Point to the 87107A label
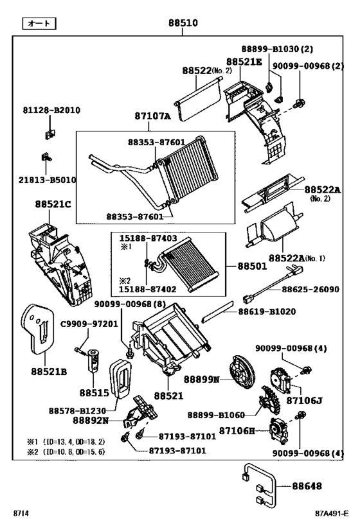pyautogui.click(x=152, y=116)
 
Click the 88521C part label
pyautogui.click(x=53, y=204)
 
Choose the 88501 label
pyautogui.click(x=255, y=265)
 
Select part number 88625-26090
pyautogui.click(x=310, y=290)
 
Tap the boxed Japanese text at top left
pyautogui.click(x=39, y=24)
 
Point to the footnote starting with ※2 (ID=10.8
pyautogui.click(x=66, y=452)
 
